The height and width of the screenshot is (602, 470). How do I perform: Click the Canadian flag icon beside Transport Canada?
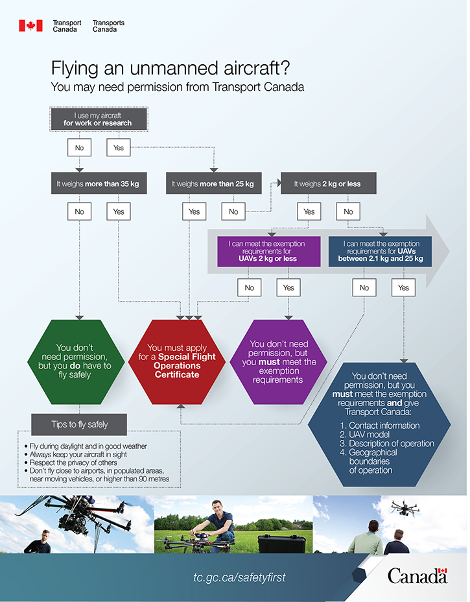pos(30,26)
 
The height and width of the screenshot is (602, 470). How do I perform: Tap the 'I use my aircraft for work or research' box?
pos(98,119)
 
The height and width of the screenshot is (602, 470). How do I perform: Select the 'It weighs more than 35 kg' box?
pos(98,184)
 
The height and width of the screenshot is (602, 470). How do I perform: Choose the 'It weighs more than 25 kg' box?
pos(213,184)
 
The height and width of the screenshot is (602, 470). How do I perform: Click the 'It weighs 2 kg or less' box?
pos(327,184)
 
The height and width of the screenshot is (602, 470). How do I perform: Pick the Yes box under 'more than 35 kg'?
pos(119,211)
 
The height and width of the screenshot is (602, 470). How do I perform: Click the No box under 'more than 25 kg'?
pos(233,211)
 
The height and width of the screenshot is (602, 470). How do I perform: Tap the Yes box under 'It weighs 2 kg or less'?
pos(309,211)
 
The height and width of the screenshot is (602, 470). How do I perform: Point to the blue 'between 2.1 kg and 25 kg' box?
pos(380,251)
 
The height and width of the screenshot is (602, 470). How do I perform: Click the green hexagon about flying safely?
pos(75,361)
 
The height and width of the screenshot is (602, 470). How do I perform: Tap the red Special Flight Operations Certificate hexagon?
pos(177,361)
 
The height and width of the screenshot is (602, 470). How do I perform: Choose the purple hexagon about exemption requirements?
pos(279,361)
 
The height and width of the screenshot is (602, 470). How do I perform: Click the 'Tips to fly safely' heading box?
pos(80,425)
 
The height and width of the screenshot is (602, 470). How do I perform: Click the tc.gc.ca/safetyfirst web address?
pos(239,577)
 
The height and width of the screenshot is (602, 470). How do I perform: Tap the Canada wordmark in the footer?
pos(417,575)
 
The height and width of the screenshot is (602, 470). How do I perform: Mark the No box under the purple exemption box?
pos(250,287)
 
